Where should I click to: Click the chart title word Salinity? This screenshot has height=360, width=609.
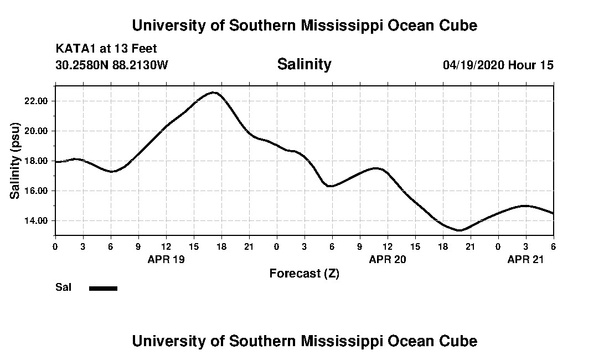304,64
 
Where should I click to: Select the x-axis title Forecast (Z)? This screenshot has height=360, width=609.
304,273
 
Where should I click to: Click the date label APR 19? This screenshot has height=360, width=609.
166,259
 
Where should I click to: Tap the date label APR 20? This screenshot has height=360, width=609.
388,259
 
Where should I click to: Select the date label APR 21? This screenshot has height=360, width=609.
526,259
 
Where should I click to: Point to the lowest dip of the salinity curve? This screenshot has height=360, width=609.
460,230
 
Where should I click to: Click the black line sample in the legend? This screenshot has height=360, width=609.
103,288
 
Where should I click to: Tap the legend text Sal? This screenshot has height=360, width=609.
63,287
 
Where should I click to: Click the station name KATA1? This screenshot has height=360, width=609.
76,49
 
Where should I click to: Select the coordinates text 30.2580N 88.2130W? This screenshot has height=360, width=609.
111,65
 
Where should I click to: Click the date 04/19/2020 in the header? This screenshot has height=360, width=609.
473,65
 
